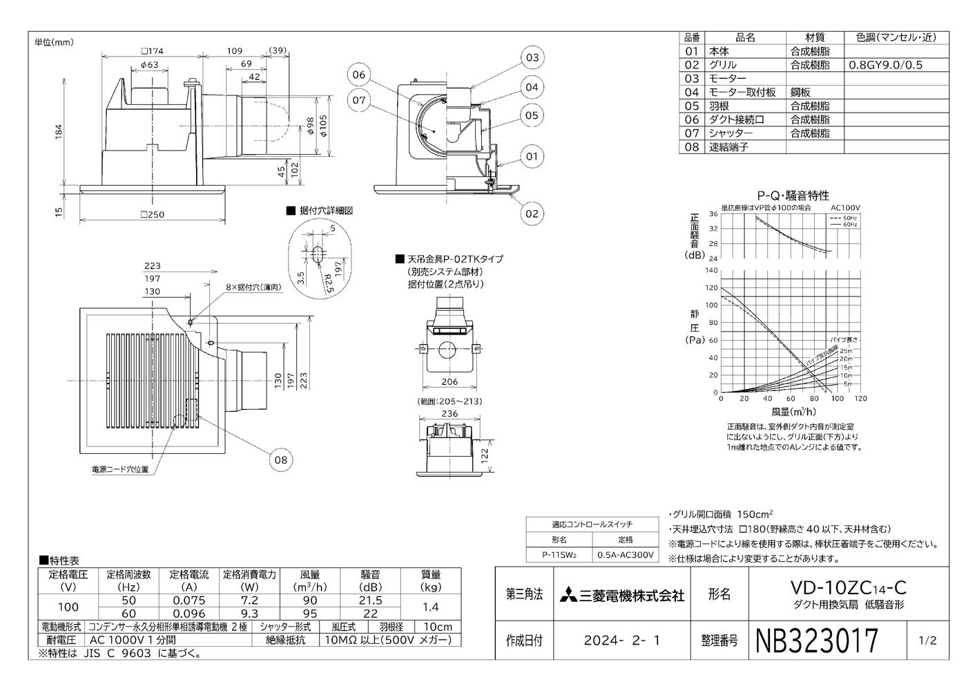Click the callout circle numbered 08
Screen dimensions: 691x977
pyautogui.click(x=282, y=460)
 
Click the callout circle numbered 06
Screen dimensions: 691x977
pyautogui.click(x=358, y=75)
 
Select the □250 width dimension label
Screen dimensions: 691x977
pyautogui.click(x=152, y=215)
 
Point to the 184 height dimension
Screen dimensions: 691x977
pyautogui.click(x=59, y=131)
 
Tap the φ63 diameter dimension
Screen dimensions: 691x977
pyautogui.click(x=149, y=65)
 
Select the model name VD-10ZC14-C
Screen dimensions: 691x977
pyautogui.click(x=849, y=588)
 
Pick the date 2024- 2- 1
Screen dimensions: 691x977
pyautogui.click(x=621, y=641)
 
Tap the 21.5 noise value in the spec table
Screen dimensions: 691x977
pyautogui.click(x=371, y=600)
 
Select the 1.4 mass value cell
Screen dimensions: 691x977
pyautogui.click(x=431, y=607)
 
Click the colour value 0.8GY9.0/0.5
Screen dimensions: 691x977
pyautogui.click(x=885, y=65)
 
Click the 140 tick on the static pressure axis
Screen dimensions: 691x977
pyautogui.click(x=711, y=270)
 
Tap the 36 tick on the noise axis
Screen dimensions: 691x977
pyautogui.click(x=713, y=214)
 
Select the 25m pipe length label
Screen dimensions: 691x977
pyautogui.click(x=846, y=351)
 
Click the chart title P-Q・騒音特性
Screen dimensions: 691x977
pyautogui.click(x=793, y=196)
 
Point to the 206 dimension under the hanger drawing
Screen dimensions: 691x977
pyautogui.click(x=449, y=382)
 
